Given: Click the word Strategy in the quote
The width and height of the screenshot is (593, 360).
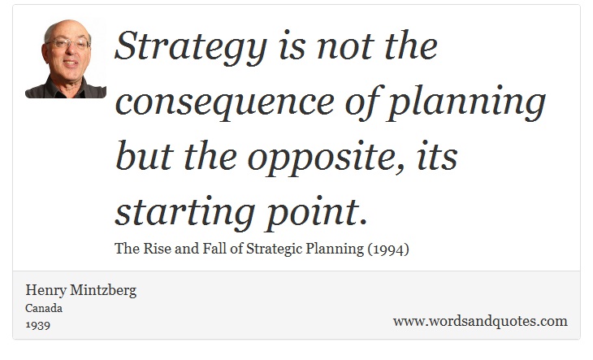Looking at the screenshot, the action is [x=191, y=48].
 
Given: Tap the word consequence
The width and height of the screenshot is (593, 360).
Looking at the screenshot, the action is [x=225, y=103].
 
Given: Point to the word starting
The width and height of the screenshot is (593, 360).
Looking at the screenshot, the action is [x=184, y=213].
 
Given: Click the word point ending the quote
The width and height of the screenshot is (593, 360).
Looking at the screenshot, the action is [x=316, y=213].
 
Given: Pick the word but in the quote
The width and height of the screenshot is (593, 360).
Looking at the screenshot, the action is [x=144, y=155].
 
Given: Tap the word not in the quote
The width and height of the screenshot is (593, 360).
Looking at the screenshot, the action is [x=345, y=48].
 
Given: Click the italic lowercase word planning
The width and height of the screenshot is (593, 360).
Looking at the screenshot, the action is [x=465, y=103].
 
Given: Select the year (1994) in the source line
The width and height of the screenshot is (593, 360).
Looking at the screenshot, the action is [x=388, y=249].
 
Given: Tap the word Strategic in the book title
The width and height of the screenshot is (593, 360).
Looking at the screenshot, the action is [x=275, y=249].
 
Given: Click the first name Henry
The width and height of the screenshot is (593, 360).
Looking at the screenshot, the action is [x=45, y=290].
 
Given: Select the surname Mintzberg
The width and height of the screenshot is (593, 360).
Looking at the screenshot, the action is [x=103, y=290].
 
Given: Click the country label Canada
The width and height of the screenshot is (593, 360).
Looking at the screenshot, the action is [x=44, y=308].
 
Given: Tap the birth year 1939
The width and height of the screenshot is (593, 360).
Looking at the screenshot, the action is [x=38, y=325].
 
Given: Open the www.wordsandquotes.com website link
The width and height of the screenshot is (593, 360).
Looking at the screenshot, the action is [x=480, y=321].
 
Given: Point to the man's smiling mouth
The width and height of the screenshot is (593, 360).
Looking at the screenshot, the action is [x=71, y=63].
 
